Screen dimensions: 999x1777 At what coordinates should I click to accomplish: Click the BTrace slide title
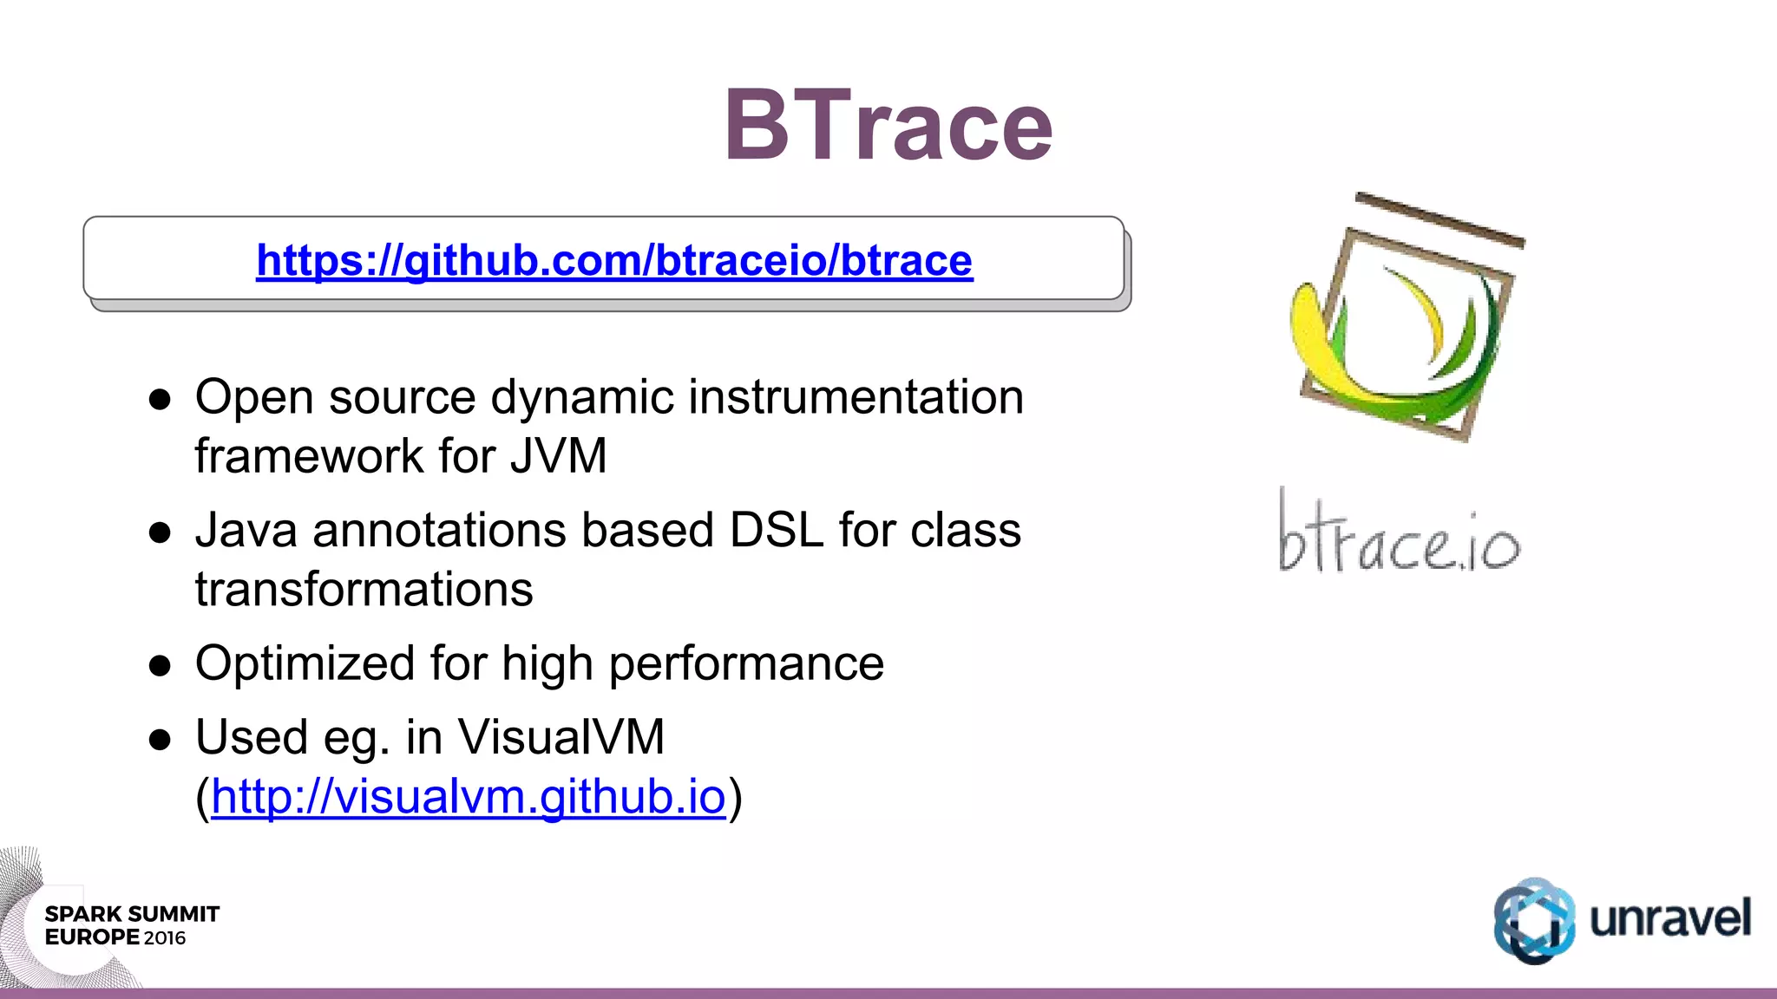point(888,127)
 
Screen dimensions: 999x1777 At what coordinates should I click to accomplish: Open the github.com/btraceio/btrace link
point(614,260)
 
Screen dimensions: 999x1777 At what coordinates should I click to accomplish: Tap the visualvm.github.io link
point(468,796)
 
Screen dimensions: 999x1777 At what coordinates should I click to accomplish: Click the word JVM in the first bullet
point(558,456)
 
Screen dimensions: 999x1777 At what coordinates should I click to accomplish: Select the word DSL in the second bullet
point(776,530)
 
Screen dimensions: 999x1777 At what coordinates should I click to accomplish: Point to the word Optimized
point(305,663)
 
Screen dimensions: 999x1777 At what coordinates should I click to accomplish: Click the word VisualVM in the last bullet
point(561,737)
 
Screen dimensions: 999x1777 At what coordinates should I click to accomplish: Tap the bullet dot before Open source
point(160,400)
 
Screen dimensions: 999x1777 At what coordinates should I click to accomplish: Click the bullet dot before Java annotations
point(160,532)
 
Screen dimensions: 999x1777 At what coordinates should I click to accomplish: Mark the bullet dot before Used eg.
point(160,740)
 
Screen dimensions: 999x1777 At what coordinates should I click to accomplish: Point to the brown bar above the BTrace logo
point(1440,220)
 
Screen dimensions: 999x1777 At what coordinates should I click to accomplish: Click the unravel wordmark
point(1669,919)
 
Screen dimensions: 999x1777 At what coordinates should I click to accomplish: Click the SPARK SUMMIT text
point(132,914)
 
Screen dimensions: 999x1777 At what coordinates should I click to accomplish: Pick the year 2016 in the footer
point(165,938)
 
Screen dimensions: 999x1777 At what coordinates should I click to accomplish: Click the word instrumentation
point(856,397)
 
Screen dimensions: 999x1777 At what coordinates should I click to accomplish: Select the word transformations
point(364,590)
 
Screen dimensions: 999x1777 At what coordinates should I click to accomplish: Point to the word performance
point(746,663)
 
